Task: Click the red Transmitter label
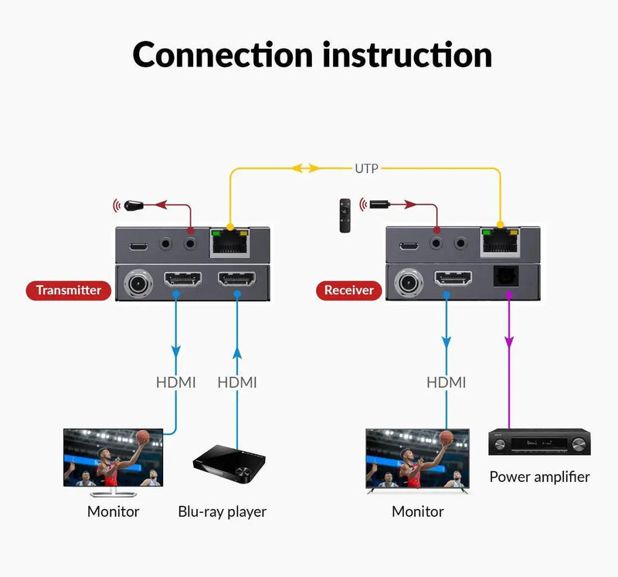point(69,290)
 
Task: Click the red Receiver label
point(348,290)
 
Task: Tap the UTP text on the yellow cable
point(366,168)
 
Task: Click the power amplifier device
point(538,443)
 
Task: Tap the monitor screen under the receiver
point(417,459)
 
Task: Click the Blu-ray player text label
point(222,511)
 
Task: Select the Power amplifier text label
point(539,477)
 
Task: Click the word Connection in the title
point(222,56)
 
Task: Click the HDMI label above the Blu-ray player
point(237,382)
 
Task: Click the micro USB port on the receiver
point(409,246)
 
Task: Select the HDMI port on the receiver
point(452,278)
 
